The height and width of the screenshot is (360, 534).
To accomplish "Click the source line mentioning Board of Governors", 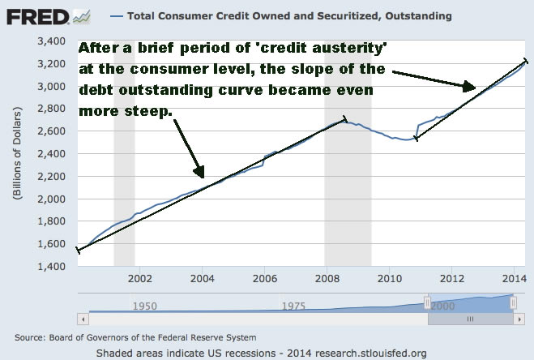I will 136,336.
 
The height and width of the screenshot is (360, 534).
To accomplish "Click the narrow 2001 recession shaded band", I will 124,154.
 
